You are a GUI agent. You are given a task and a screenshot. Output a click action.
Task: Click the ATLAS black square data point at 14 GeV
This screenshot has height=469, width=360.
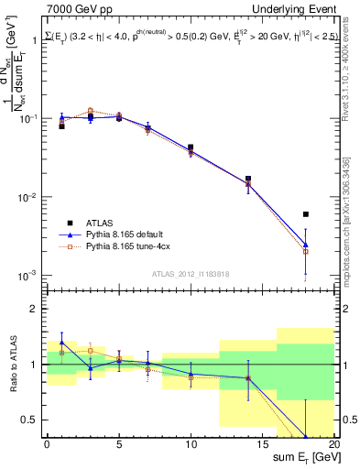click(x=248, y=179)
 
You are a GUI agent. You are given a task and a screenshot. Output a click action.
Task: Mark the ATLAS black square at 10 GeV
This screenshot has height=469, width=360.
click(x=191, y=147)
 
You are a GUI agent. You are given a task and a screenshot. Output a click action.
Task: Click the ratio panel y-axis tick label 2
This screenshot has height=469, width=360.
click(x=35, y=309)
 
